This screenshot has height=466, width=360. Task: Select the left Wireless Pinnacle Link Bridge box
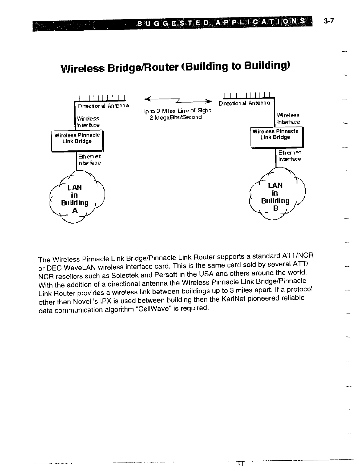[x=77, y=140]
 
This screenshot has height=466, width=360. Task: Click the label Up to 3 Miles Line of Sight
[x=176, y=111]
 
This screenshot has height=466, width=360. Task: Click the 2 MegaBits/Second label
[x=176, y=117]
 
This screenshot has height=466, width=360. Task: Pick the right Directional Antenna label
[x=244, y=103]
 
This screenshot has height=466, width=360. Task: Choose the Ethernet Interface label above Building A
[x=89, y=160]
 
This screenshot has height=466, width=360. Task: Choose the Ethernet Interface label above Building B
[x=289, y=156]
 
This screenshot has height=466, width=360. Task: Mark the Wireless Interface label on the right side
[x=288, y=119]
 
